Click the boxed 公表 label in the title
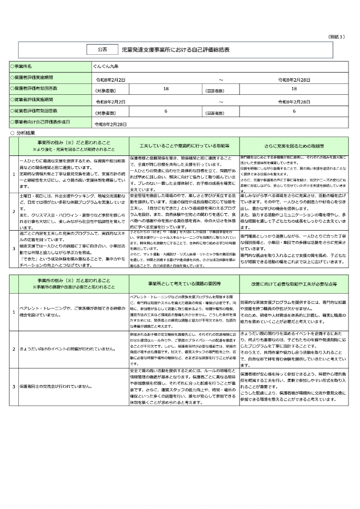(x=102, y=50)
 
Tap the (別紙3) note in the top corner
(x=337, y=36)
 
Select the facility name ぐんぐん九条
(x=107, y=67)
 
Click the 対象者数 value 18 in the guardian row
(x=166, y=89)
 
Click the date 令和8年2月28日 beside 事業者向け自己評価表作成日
(x=110, y=123)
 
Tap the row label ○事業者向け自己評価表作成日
(x=39, y=122)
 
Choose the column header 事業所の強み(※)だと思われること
(x=74, y=142)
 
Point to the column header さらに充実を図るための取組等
(x=291, y=146)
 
